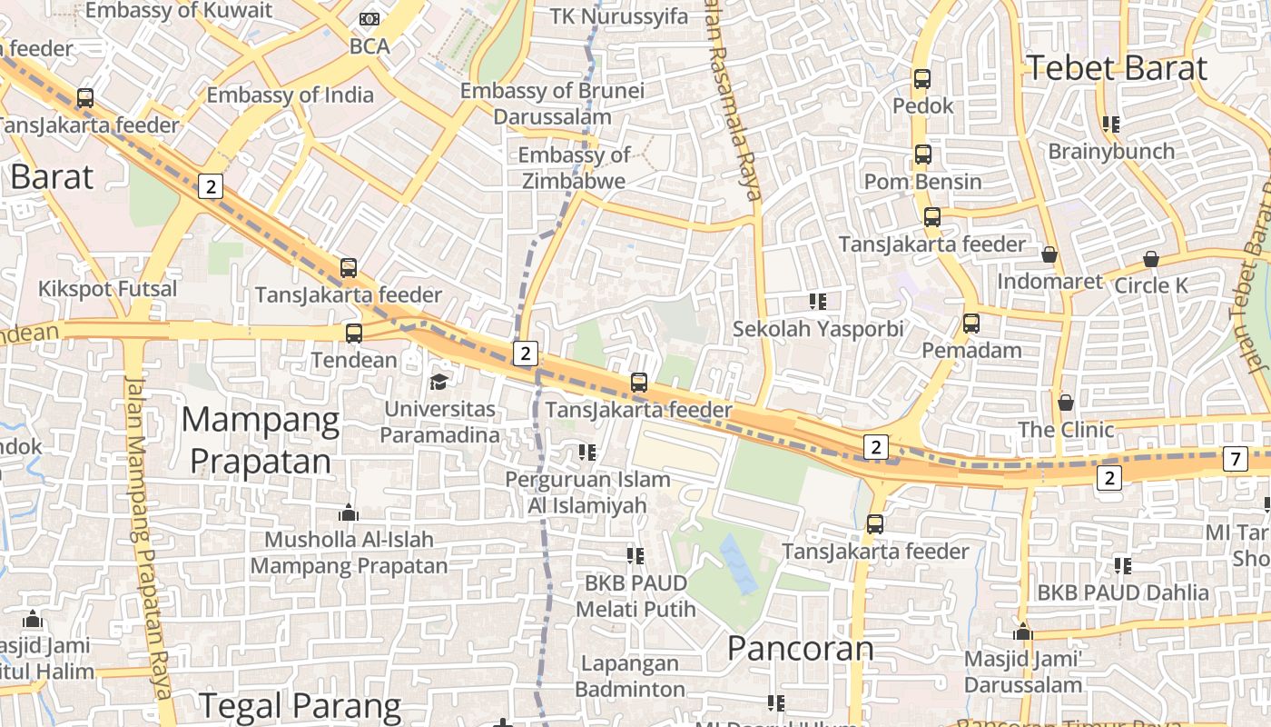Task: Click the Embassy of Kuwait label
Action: pos(179,11)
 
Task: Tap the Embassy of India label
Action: pos(290,95)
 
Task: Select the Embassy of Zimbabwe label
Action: pos(574,168)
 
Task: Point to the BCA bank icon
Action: pos(369,19)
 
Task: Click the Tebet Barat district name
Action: pos(1116,69)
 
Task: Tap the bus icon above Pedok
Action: pos(922,79)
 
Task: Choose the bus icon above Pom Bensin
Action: pos(923,154)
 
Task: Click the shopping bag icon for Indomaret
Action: pos(1049,255)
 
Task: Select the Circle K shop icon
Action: pos(1151,260)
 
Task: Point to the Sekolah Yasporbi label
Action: pos(818,329)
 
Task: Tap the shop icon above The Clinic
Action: pos(1066,402)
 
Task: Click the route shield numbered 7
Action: pos(1235,460)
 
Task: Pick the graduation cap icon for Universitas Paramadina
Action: pos(439,382)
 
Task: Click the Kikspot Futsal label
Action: pos(107,290)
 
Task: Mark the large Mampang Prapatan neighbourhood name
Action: pos(261,441)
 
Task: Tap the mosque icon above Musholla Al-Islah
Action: pos(349,513)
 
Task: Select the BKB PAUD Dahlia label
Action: pos(1123,593)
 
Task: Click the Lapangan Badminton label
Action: pos(630,676)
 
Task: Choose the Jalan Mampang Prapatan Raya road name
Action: pos(148,545)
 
